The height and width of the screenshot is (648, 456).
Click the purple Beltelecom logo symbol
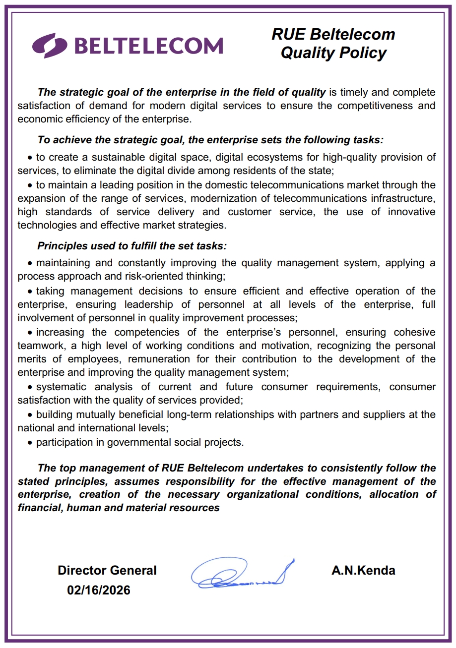50,45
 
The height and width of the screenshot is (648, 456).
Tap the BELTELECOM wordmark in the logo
148,46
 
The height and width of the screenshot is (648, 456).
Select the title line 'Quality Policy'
333,53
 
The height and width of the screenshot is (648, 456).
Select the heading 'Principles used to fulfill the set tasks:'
132,246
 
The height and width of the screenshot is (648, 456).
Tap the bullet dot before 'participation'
31,443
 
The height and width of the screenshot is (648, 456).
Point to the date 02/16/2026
99,590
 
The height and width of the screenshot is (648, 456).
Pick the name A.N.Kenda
363,571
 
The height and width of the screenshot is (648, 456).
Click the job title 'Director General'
107,571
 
